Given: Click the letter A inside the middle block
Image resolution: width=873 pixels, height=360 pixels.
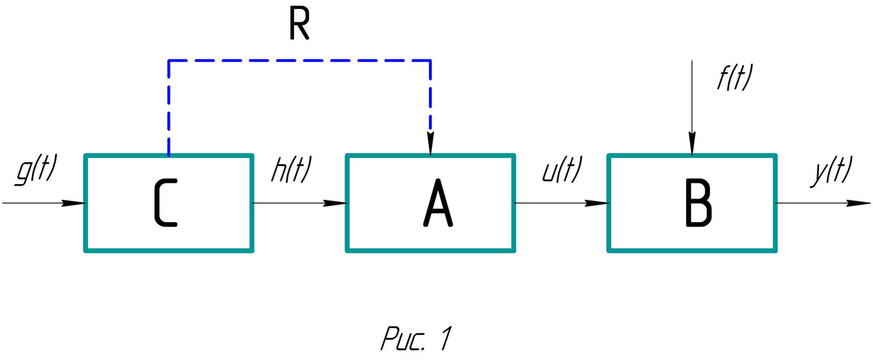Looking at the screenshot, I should [436, 204].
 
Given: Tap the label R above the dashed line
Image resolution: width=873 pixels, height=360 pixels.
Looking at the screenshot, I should [297, 27].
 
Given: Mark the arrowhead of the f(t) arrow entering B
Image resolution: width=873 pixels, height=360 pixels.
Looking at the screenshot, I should [692, 145].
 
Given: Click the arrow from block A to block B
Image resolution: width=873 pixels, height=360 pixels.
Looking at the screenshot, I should [559, 203].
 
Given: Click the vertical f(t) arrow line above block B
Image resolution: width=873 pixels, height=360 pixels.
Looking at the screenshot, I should [692, 102].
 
